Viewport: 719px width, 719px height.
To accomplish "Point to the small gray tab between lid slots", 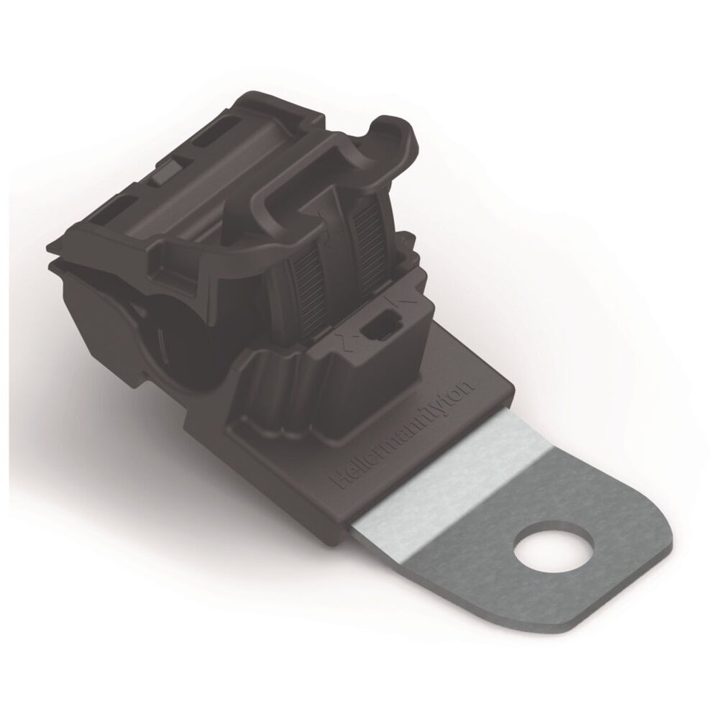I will pyautogui.click(x=164, y=171).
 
